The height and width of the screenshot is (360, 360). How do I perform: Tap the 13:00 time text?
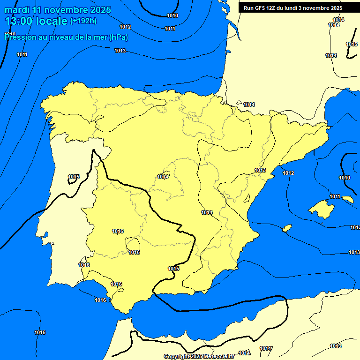point(18,21)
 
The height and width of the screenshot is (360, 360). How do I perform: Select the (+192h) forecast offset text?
point(83,21)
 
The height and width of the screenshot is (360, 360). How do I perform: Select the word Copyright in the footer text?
point(177,357)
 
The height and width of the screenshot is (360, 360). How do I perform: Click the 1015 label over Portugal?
point(74,177)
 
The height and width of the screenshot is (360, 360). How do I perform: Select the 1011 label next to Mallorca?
point(335,196)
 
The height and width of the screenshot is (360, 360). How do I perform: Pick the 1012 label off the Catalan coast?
point(288,173)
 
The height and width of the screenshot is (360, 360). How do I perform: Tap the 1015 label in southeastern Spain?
point(173,269)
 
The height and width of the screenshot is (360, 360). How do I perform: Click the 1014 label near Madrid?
point(163,177)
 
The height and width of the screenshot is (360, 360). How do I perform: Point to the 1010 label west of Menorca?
point(345,178)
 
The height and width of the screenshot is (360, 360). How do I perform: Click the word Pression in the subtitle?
point(19,37)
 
